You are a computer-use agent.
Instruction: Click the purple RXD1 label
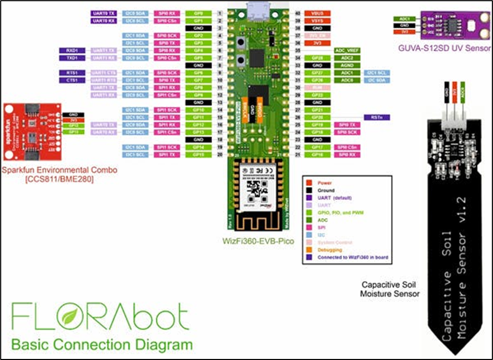[x=73, y=50]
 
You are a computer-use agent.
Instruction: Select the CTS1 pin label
[x=73, y=81]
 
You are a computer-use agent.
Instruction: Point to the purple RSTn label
[x=375, y=118]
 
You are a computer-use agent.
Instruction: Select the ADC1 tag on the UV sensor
[x=404, y=18]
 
